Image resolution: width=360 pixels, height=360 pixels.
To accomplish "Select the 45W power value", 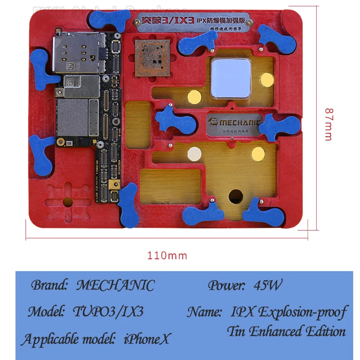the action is pos(268,285).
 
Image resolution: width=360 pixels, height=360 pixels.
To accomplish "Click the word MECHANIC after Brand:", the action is pos(115,285).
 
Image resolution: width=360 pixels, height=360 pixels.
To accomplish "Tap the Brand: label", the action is pos(49,285).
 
